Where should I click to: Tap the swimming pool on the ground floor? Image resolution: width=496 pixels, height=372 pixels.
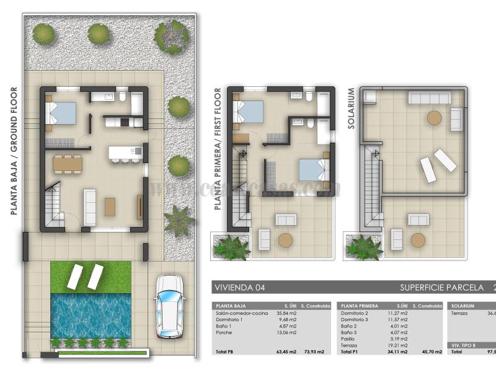[91, 315]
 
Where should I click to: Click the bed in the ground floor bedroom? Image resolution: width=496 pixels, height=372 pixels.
[63, 113]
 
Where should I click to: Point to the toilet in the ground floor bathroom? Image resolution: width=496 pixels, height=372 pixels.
[123, 97]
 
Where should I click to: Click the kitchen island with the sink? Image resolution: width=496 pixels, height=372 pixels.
[125, 151]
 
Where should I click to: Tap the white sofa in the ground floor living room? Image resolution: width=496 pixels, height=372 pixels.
[90, 207]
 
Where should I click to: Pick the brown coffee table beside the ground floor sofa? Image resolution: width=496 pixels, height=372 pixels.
[110, 206]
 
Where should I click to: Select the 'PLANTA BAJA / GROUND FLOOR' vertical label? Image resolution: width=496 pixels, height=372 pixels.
[14, 151]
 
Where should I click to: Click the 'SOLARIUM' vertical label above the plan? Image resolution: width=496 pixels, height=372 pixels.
[351, 108]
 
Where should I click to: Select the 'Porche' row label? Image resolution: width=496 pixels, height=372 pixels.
[223, 333]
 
